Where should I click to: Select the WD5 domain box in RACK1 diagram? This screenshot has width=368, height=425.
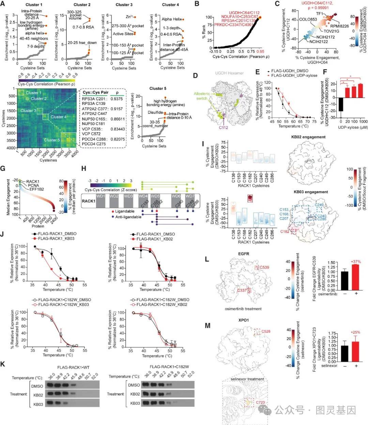click(x=155, y=196)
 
